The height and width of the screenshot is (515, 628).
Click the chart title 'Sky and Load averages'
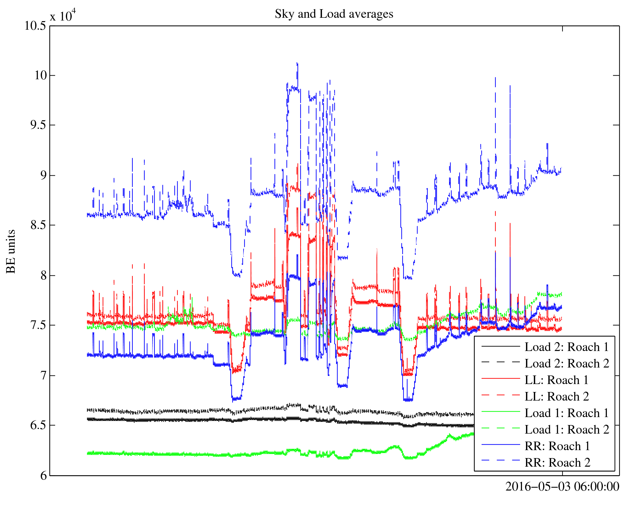coord(334,14)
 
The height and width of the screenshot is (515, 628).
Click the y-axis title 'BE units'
coord(11,251)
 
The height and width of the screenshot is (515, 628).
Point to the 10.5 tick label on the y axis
coord(35,26)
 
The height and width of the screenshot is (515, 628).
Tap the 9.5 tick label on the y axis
coord(38,125)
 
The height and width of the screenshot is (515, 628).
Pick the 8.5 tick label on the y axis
coord(38,225)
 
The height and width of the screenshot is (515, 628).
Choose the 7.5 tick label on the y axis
coord(38,325)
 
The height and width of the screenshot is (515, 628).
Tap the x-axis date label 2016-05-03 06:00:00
coord(562,487)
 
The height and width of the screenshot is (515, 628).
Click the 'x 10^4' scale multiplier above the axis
coord(62,15)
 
